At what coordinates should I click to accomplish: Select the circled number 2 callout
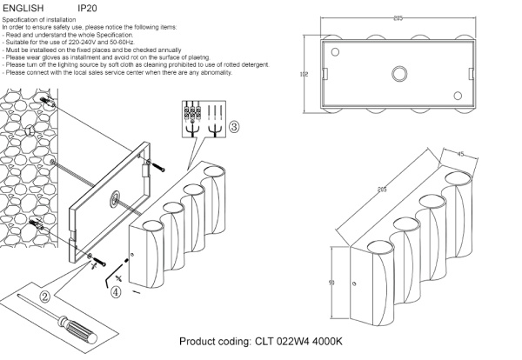click(43, 296)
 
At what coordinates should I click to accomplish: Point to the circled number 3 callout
click(235, 126)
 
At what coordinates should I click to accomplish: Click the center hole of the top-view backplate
click(398, 75)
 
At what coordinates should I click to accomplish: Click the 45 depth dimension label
click(461, 156)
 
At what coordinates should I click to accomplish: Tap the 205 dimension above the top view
click(398, 17)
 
